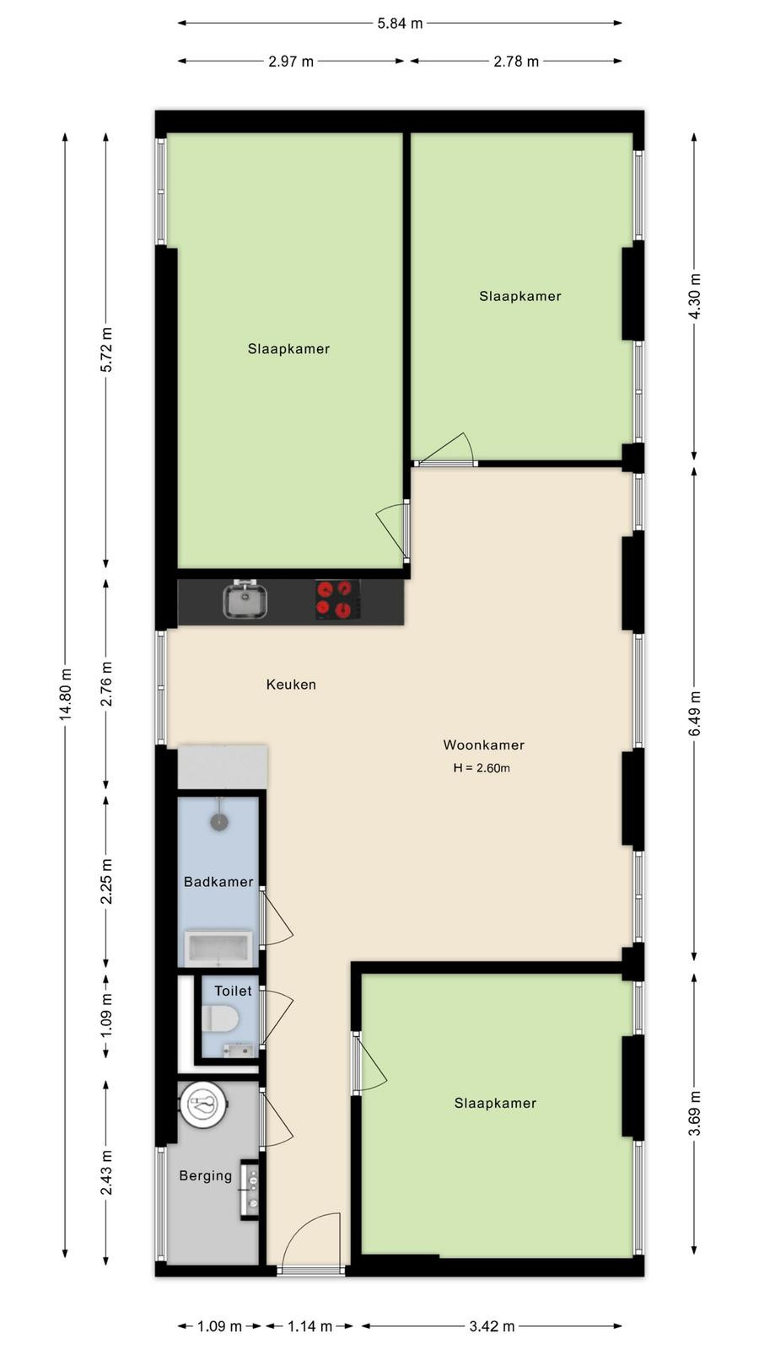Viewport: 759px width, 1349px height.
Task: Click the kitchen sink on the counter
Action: (x=245, y=599)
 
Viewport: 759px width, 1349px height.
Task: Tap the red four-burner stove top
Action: (x=338, y=599)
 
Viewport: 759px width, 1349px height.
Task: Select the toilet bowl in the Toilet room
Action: (x=220, y=1018)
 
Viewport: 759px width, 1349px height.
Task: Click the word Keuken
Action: (x=291, y=684)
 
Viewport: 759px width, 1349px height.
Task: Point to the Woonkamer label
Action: (x=484, y=745)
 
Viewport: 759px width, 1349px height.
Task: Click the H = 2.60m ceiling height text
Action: (x=482, y=768)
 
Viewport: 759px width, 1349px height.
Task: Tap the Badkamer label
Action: (x=218, y=882)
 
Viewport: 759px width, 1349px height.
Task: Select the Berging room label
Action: (x=206, y=1175)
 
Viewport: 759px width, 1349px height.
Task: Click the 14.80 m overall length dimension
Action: (x=66, y=694)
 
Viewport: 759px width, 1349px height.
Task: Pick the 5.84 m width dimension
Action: (x=400, y=24)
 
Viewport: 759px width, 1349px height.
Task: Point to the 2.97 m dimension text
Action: (x=291, y=62)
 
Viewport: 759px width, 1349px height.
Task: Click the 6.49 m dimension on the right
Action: (x=695, y=713)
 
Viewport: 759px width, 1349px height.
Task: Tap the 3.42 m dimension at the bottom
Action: (x=493, y=1326)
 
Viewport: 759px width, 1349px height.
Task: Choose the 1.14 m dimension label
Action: (x=310, y=1326)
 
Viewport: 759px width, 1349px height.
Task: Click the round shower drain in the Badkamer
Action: (x=219, y=821)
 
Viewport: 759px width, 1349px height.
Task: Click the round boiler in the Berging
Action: (x=203, y=1105)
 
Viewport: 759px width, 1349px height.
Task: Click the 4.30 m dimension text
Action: (x=695, y=296)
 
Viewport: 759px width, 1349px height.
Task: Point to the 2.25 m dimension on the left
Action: (x=106, y=881)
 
